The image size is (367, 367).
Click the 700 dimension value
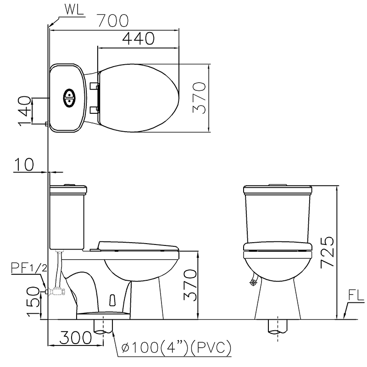tap(113, 20)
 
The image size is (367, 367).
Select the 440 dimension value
tap(139, 39)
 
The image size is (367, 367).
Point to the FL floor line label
tap(356, 295)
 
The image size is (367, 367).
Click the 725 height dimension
tap(327, 252)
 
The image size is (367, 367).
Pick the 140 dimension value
tap(25, 111)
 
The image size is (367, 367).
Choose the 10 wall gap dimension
tap(24, 164)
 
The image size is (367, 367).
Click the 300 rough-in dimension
tap(75, 338)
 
